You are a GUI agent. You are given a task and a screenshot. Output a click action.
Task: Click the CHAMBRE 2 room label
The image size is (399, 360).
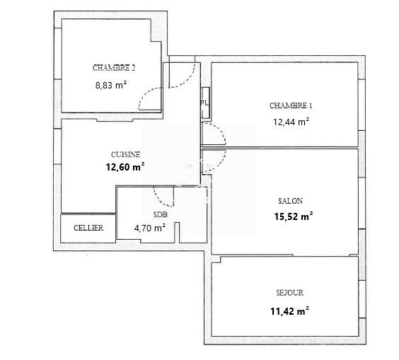pos(114,68)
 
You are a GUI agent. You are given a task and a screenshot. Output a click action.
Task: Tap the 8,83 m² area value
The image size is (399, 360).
pos(111,85)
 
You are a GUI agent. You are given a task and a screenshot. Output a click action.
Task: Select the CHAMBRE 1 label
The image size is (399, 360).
pos(291,105)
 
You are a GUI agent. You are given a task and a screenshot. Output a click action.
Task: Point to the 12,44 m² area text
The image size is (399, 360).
pos(291,122)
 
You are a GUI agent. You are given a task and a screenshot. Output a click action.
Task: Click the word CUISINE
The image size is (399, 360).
pos(126,154)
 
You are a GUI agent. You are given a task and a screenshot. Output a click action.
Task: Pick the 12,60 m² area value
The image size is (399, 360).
pos(125,167)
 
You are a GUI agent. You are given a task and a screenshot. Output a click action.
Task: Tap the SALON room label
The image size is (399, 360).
pos(290,201)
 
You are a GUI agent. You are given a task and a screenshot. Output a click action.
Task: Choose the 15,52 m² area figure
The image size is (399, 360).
pos(294,216)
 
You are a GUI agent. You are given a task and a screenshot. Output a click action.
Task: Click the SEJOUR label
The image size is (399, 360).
pos(290,293)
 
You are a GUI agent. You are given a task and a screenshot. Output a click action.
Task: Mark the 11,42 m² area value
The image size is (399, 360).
pos(289,311)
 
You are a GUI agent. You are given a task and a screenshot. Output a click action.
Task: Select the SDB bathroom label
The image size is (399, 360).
pos(161,215)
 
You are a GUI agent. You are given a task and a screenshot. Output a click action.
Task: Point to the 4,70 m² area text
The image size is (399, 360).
pos(150,228)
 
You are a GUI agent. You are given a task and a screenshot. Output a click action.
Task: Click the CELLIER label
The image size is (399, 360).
pos(88,228)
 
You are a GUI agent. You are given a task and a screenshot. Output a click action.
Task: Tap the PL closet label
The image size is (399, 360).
pos(204,103)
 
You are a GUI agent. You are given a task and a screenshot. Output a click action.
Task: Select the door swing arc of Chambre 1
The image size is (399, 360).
pos(220,129)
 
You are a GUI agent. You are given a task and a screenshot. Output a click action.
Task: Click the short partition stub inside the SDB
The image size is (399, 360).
pos(177,233)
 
